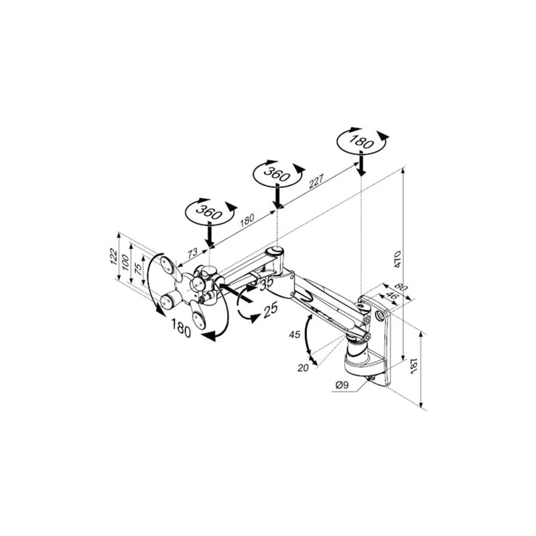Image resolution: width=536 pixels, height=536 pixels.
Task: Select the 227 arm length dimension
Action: click(x=316, y=182)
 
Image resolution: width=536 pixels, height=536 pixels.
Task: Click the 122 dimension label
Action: click(x=114, y=256)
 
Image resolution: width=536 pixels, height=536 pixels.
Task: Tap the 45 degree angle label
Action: click(x=294, y=336)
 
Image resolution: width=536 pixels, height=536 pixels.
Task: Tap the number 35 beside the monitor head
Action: click(x=266, y=282)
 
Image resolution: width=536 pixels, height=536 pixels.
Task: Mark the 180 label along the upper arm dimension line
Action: click(x=247, y=220)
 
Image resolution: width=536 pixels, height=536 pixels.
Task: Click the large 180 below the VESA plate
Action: click(x=180, y=327)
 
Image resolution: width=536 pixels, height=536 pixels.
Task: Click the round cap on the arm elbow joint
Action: click(x=276, y=250)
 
